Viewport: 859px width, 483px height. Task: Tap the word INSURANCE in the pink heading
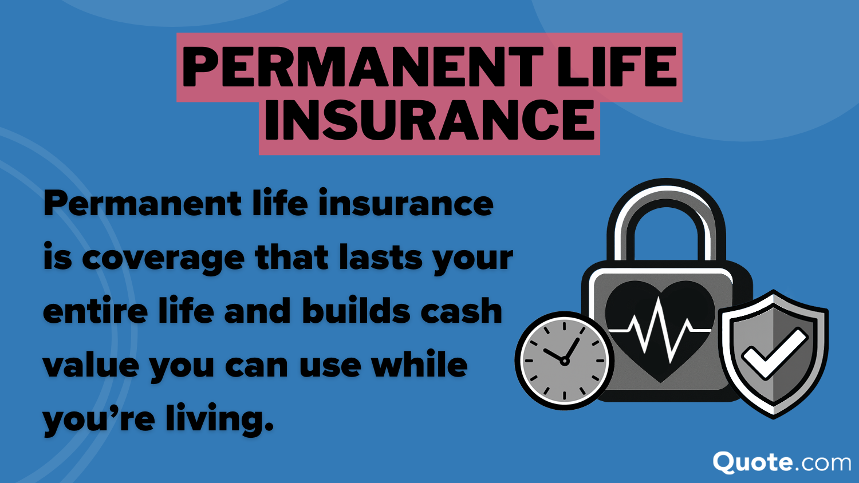[429, 121]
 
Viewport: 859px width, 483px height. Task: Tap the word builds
[356, 311]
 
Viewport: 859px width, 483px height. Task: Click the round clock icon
[565, 361]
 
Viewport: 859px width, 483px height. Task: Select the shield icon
[774, 354]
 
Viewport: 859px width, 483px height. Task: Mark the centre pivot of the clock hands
[564, 361]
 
